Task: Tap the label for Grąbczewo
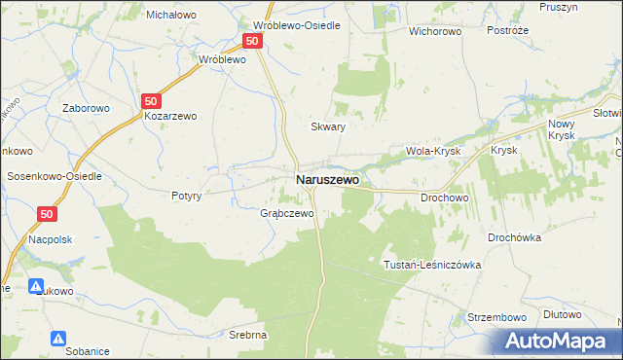click(286, 213)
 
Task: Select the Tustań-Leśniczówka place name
click(433, 265)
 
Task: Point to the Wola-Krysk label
click(432, 152)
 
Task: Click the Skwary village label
click(328, 126)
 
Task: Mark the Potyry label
click(186, 196)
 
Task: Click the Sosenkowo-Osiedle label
click(55, 176)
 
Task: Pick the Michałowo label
click(171, 15)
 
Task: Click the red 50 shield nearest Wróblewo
click(252, 41)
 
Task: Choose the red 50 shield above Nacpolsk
click(49, 214)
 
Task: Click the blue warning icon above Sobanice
click(58, 338)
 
